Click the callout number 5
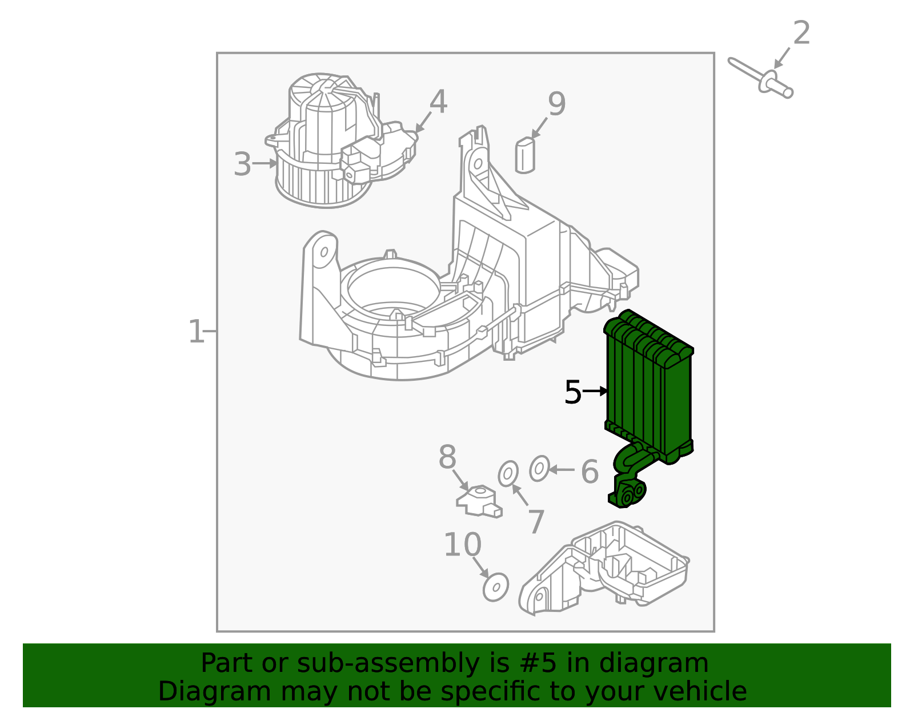(572, 392)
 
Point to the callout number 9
(556, 104)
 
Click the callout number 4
(438, 102)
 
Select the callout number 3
(242, 164)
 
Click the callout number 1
(196, 332)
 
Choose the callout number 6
(590, 472)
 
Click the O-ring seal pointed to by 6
(539, 469)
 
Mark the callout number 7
(536, 522)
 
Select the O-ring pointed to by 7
(508, 474)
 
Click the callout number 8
(447, 458)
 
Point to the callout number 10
(462, 545)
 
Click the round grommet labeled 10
(495, 587)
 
